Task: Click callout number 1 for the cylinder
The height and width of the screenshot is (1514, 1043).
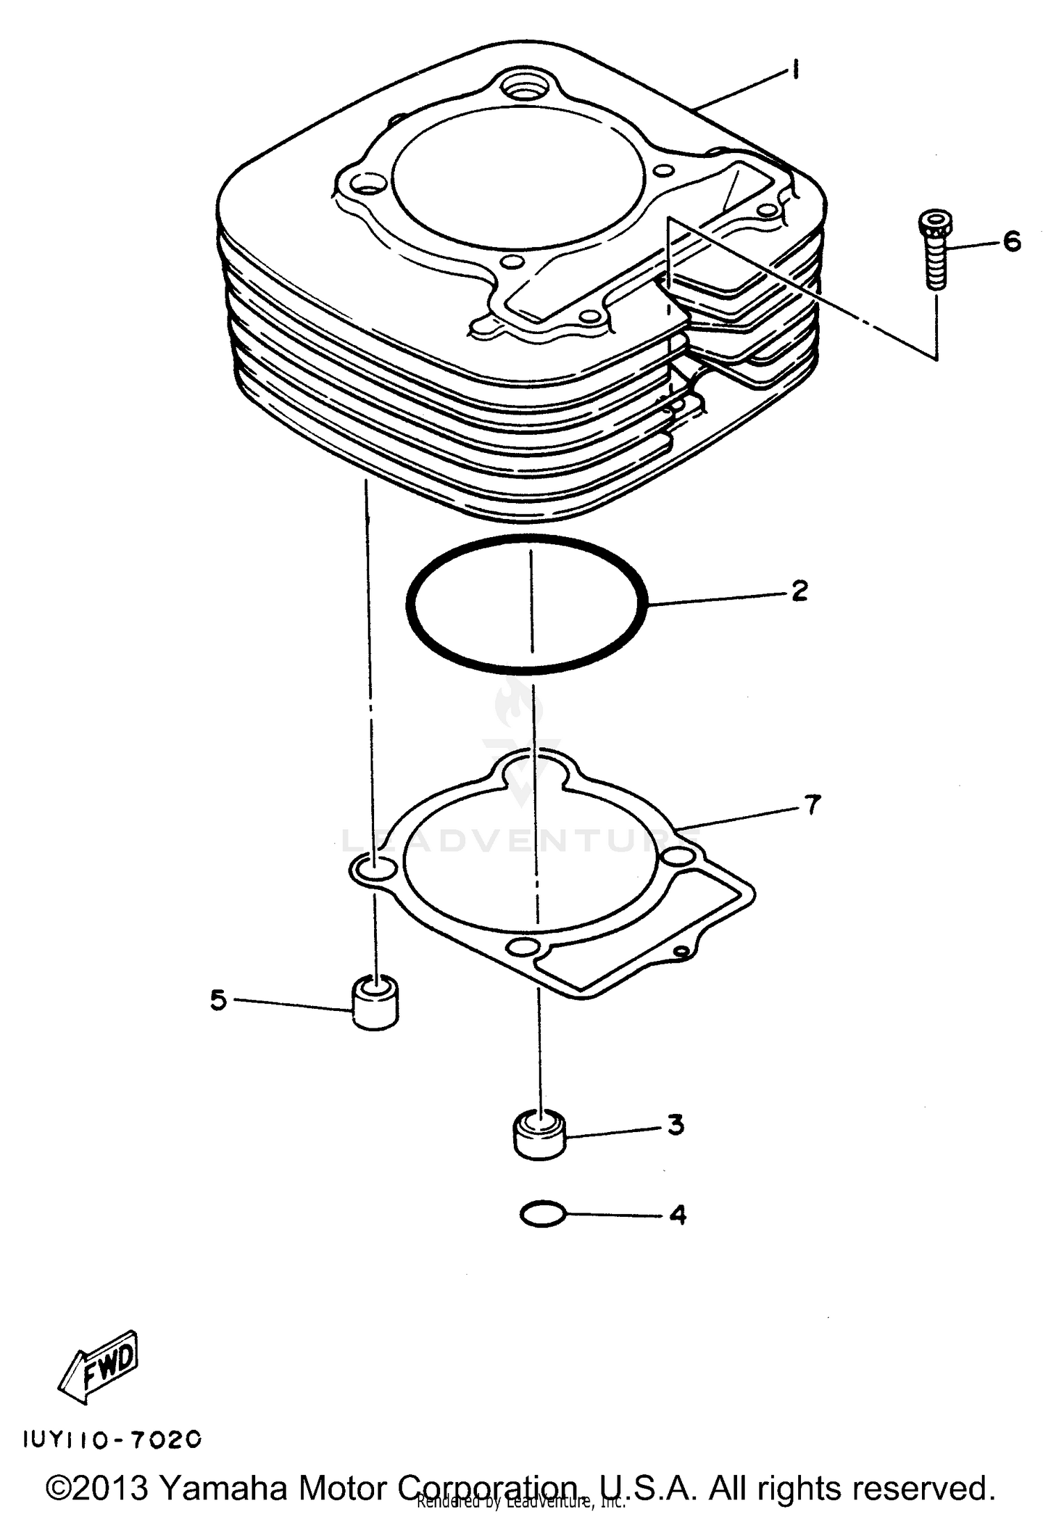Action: point(794,70)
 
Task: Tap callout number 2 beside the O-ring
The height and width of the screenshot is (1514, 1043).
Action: point(800,591)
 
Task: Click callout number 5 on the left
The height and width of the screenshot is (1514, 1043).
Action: point(218,1001)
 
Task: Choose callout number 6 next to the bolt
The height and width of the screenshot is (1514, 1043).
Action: point(1012,242)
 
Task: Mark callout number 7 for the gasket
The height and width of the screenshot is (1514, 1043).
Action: point(812,805)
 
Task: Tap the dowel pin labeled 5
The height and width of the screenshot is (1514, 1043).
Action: point(375,1003)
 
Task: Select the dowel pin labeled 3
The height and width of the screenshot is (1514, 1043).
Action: point(539,1135)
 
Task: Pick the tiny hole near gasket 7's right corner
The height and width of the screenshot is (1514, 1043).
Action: point(682,951)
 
